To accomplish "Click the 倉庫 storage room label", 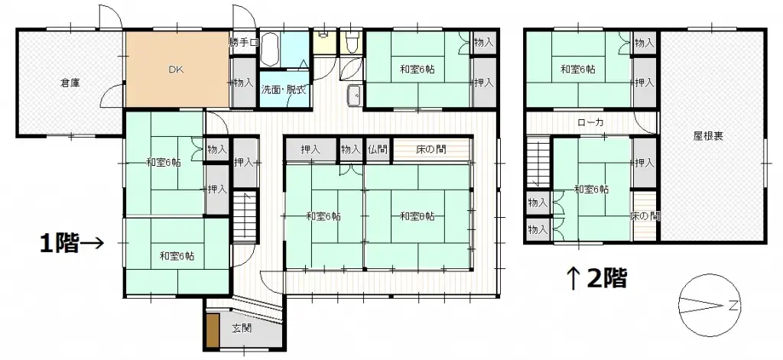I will coord(70,83).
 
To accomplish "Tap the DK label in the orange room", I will coord(177,71).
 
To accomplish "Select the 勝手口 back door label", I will coord(244,43).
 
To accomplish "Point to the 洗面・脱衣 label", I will coord(283,89).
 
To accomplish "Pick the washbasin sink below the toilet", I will coord(354,95).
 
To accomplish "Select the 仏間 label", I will coord(377,151).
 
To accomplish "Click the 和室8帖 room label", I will coord(417,216).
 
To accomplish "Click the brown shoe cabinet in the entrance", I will coord(212,329).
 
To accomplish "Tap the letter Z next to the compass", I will coord(733,307).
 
